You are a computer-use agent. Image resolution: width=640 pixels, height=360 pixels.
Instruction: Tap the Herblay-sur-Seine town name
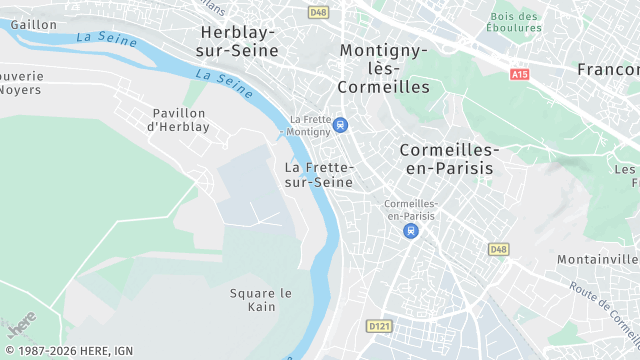coord(238,41)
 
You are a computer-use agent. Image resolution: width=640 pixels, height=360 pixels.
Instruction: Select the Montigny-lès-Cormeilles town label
coord(384,68)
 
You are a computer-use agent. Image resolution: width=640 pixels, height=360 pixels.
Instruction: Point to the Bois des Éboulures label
coord(516,22)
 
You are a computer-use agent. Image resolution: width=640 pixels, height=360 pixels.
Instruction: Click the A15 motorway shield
coord(519,74)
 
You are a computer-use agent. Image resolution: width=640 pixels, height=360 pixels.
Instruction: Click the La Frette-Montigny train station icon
coord(342,125)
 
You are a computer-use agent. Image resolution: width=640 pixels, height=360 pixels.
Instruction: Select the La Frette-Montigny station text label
coord(309,125)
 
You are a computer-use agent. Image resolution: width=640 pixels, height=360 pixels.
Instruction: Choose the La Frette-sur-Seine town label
coord(318,175)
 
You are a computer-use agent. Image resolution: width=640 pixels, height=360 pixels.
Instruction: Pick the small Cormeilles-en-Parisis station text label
coord(410,210)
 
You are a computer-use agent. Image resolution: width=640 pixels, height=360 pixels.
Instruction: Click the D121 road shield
coord(379,326)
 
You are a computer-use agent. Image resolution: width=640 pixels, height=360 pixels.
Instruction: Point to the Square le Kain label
coord(260,299)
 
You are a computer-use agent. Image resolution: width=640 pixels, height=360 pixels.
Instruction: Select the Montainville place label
coord(598,259)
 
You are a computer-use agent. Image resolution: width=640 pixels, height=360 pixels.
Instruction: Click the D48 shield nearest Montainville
coord(498,248)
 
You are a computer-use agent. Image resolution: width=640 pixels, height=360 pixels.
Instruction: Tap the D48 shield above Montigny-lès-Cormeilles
coord(318,12)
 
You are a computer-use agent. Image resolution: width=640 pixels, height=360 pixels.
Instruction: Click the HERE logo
coord(20,325)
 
